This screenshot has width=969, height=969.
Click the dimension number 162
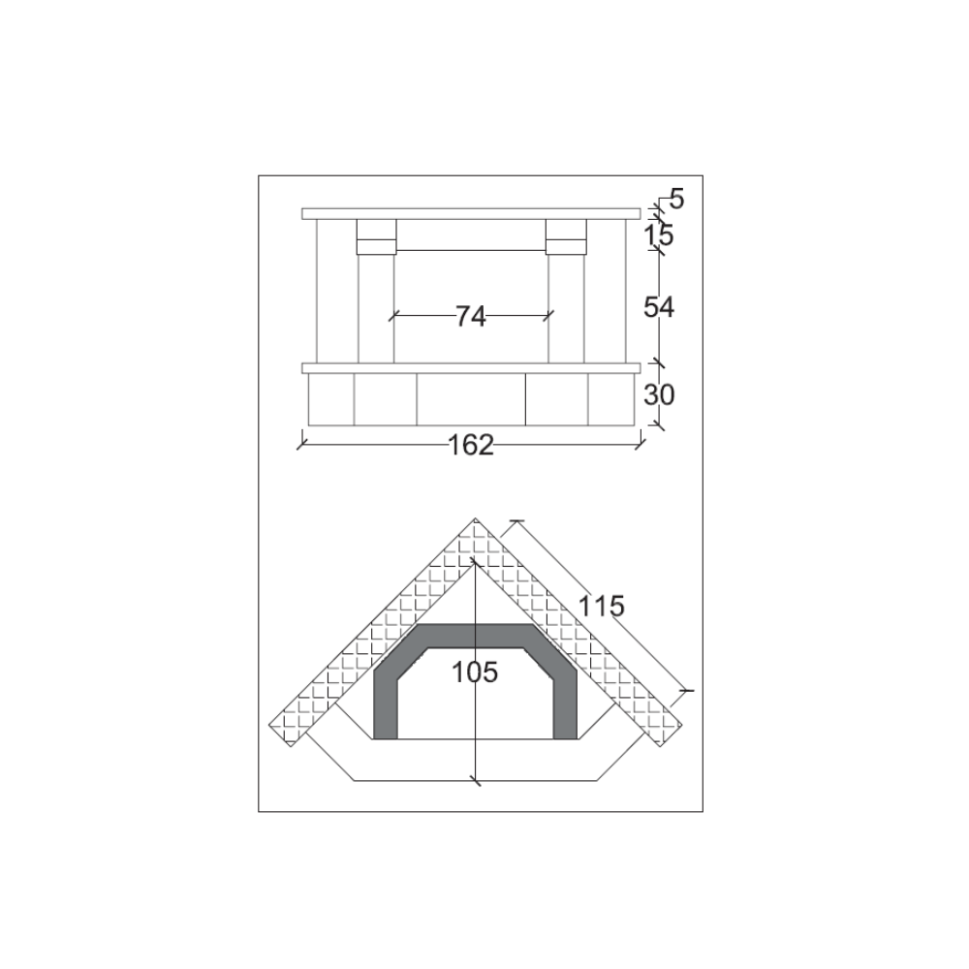click(471, 445)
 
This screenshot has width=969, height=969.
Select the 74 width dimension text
click(470, 316)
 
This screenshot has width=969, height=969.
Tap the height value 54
click(659, 307)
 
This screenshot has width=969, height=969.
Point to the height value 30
click(659, 395)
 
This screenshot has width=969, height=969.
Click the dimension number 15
click(659, 234)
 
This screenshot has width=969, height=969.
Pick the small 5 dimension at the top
click(676, 200)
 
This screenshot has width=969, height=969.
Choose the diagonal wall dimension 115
click(602, 607)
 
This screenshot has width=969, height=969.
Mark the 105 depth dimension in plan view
click(475, 672)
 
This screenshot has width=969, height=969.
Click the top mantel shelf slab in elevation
click(471, 213)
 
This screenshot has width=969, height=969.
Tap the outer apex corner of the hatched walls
click(476, 520)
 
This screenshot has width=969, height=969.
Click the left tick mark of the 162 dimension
click(301, 444)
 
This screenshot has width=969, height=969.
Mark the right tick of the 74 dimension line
click(550, 315)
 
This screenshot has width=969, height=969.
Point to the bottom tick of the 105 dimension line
click(475, 780)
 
